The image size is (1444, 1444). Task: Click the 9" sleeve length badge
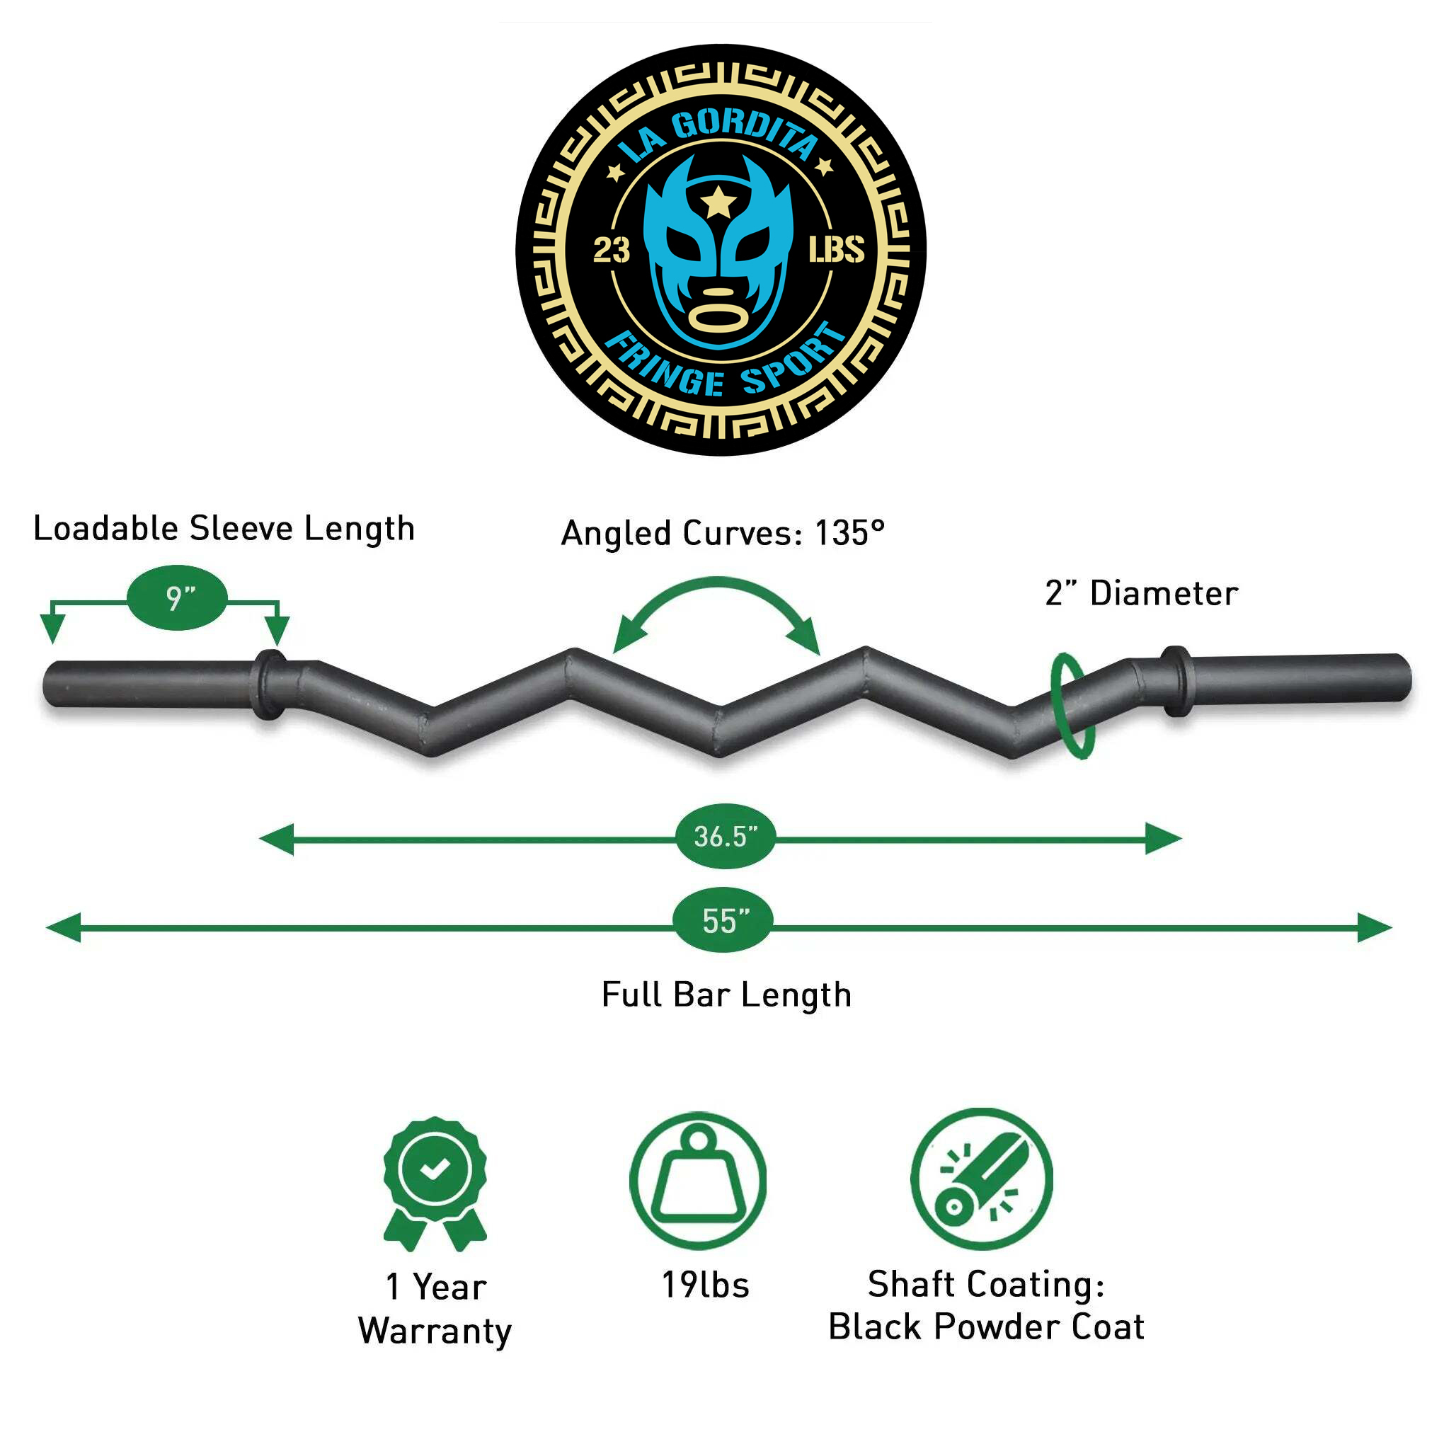(x=177, y=598)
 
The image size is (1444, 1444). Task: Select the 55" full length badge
(x=723, y=921)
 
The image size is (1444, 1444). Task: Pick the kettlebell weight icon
(x=698, y=1181)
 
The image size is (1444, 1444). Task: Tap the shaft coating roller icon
(x=981, y=1179)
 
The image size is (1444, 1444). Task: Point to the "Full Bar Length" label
(x=726, y=995)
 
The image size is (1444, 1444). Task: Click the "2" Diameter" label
(x=1141, y=593)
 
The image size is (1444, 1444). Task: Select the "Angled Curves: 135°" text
(x=723, y=533)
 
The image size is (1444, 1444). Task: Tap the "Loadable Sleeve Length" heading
(x=224, y=529)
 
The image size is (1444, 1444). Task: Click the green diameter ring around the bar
(x=1072, y=706)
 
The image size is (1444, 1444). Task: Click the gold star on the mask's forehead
(x=718, y=202)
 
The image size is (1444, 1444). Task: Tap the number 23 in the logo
(x=612, y=251)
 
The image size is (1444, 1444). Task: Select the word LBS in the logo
(x=837, y=250)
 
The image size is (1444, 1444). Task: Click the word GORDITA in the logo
(x=745, y=132)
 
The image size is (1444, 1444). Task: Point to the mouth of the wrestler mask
(x=718, y=316)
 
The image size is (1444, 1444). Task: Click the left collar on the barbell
(x=270, y=684)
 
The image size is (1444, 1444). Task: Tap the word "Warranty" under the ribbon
(x=435, y=1331)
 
